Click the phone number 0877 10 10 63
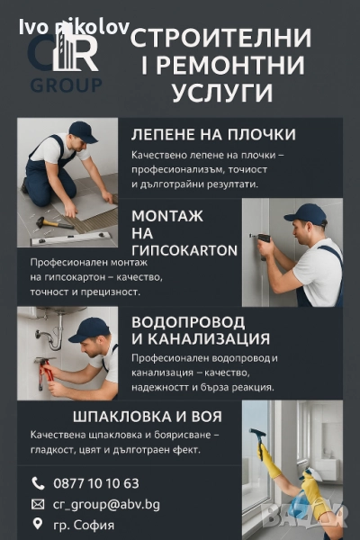96,483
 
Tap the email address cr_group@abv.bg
106,505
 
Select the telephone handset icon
38,483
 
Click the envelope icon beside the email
38,505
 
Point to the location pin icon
38,524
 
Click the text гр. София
84,526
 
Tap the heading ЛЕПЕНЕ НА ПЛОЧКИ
213,134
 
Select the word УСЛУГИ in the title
222,92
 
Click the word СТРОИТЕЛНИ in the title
220,38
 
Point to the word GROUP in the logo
66,85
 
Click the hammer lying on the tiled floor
54,222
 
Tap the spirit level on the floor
70,238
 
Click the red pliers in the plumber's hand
45,373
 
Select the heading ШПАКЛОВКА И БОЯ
148,417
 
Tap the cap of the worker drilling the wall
306,214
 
